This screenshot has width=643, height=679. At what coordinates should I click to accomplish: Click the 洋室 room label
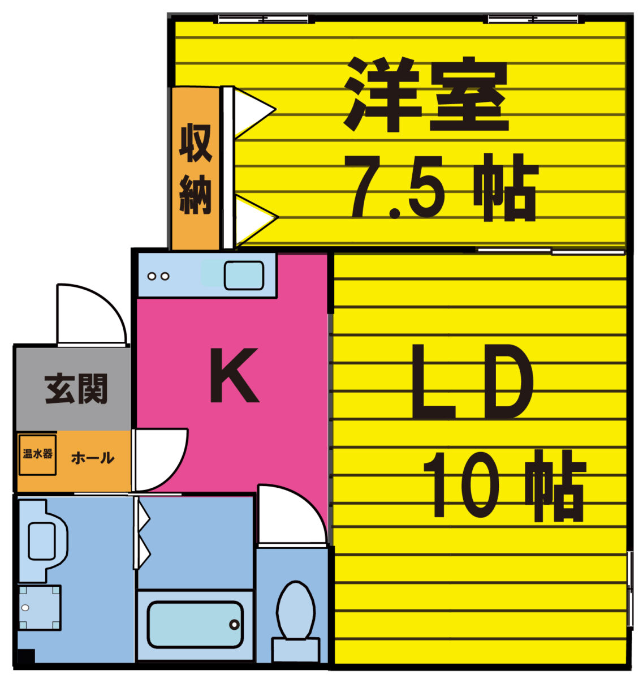point(425,94)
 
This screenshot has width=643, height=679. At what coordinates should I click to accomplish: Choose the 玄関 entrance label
point(76,388)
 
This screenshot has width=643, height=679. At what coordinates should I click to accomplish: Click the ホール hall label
point(92,458)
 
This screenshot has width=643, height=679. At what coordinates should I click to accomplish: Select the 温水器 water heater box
point(37,455)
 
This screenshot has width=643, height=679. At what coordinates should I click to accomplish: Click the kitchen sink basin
point(244,275)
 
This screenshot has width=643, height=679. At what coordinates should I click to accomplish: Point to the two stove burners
point(158,276)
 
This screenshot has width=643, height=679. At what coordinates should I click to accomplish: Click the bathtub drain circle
point(235,625)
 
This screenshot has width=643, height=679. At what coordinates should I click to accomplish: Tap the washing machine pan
point(39,608)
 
